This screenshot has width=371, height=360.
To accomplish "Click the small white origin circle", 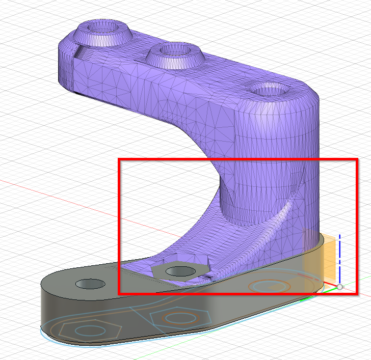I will [x=340, y=288].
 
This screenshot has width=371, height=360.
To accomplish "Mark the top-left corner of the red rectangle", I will [x=119, y=159].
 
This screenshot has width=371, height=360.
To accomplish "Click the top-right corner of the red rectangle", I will [x=356, y=159].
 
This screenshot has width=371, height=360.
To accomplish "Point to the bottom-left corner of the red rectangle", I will [x=119, y=293].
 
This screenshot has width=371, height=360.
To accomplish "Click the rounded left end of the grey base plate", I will [x=48, y=295].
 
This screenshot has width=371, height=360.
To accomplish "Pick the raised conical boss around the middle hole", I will [x=175, y=57].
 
